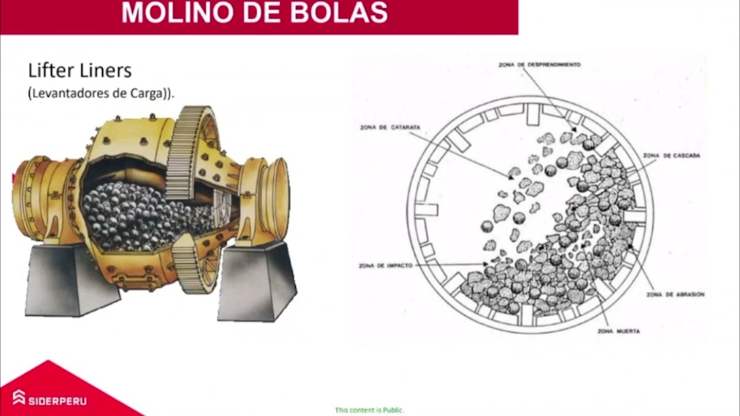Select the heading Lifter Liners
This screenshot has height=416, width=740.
click(x=80, y=70)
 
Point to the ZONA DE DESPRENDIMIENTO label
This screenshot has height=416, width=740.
click(x=539, y=65)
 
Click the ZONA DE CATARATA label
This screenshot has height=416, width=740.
click(x=390, y=127)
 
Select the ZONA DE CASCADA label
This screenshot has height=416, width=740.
click(x=671, y=155)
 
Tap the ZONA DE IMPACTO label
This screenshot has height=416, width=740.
click(x=386, y=266)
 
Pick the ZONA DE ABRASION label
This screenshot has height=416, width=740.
click(x=675, y=294)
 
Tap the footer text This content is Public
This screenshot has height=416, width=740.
click(x=369, y=410)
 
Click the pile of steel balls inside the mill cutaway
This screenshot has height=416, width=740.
click(x=139, y=214)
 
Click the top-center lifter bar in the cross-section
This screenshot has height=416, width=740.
click(x=532, y=114)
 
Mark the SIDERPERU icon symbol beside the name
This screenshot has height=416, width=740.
click(x=19, y=398)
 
